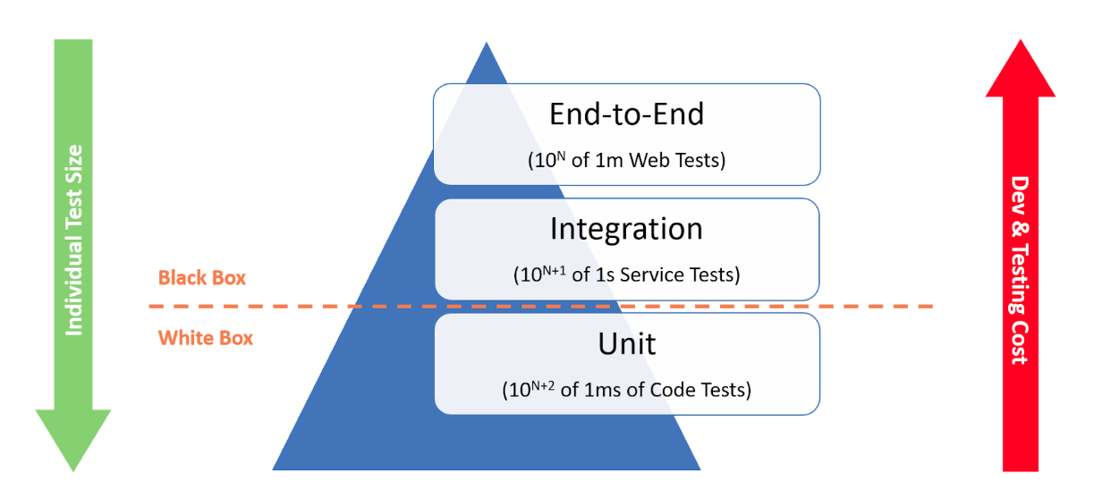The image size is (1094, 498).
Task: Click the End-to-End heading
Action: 626,114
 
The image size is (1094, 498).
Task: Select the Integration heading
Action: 626,229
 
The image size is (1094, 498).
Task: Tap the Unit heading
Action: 626,343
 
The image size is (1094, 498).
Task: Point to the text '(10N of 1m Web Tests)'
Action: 626,161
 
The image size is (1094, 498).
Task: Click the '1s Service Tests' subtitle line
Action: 626,274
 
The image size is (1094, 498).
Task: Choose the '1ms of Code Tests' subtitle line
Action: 626,390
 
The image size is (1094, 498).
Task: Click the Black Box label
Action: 201,277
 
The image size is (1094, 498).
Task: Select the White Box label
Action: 206,338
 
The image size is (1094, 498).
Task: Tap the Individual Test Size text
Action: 74,240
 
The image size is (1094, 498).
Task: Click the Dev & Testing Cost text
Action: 1019,268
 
